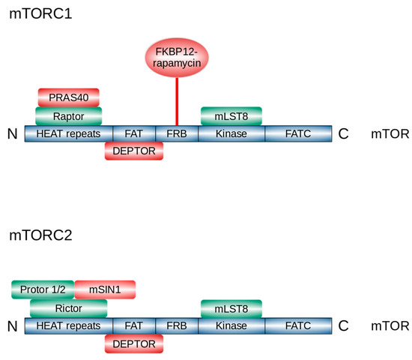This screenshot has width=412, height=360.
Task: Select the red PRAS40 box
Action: (x=68, y=97)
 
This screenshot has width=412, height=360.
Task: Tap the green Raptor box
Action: (x=68, y=116)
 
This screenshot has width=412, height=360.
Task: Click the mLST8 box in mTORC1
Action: (x=231, y=115)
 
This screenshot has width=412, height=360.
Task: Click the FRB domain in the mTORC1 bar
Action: (x=177, y=133)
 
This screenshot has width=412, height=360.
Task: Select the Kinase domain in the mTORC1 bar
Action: (x=231, y=133)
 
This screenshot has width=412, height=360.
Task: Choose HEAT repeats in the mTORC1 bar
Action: (x=69, y=133)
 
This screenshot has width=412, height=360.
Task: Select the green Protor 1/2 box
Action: (x=43, y=289)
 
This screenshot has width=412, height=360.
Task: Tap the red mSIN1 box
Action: (x=105, y=289)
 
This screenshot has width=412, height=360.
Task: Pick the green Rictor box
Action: (x=68, y=307)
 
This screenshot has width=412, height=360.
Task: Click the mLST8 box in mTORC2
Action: (x=231, y=307)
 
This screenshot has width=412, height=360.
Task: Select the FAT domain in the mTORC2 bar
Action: (x=134, y=325)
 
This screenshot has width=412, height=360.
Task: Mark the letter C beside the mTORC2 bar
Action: (x=343, y=325)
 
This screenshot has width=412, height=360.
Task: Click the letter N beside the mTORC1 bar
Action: (x=12, y=134)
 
